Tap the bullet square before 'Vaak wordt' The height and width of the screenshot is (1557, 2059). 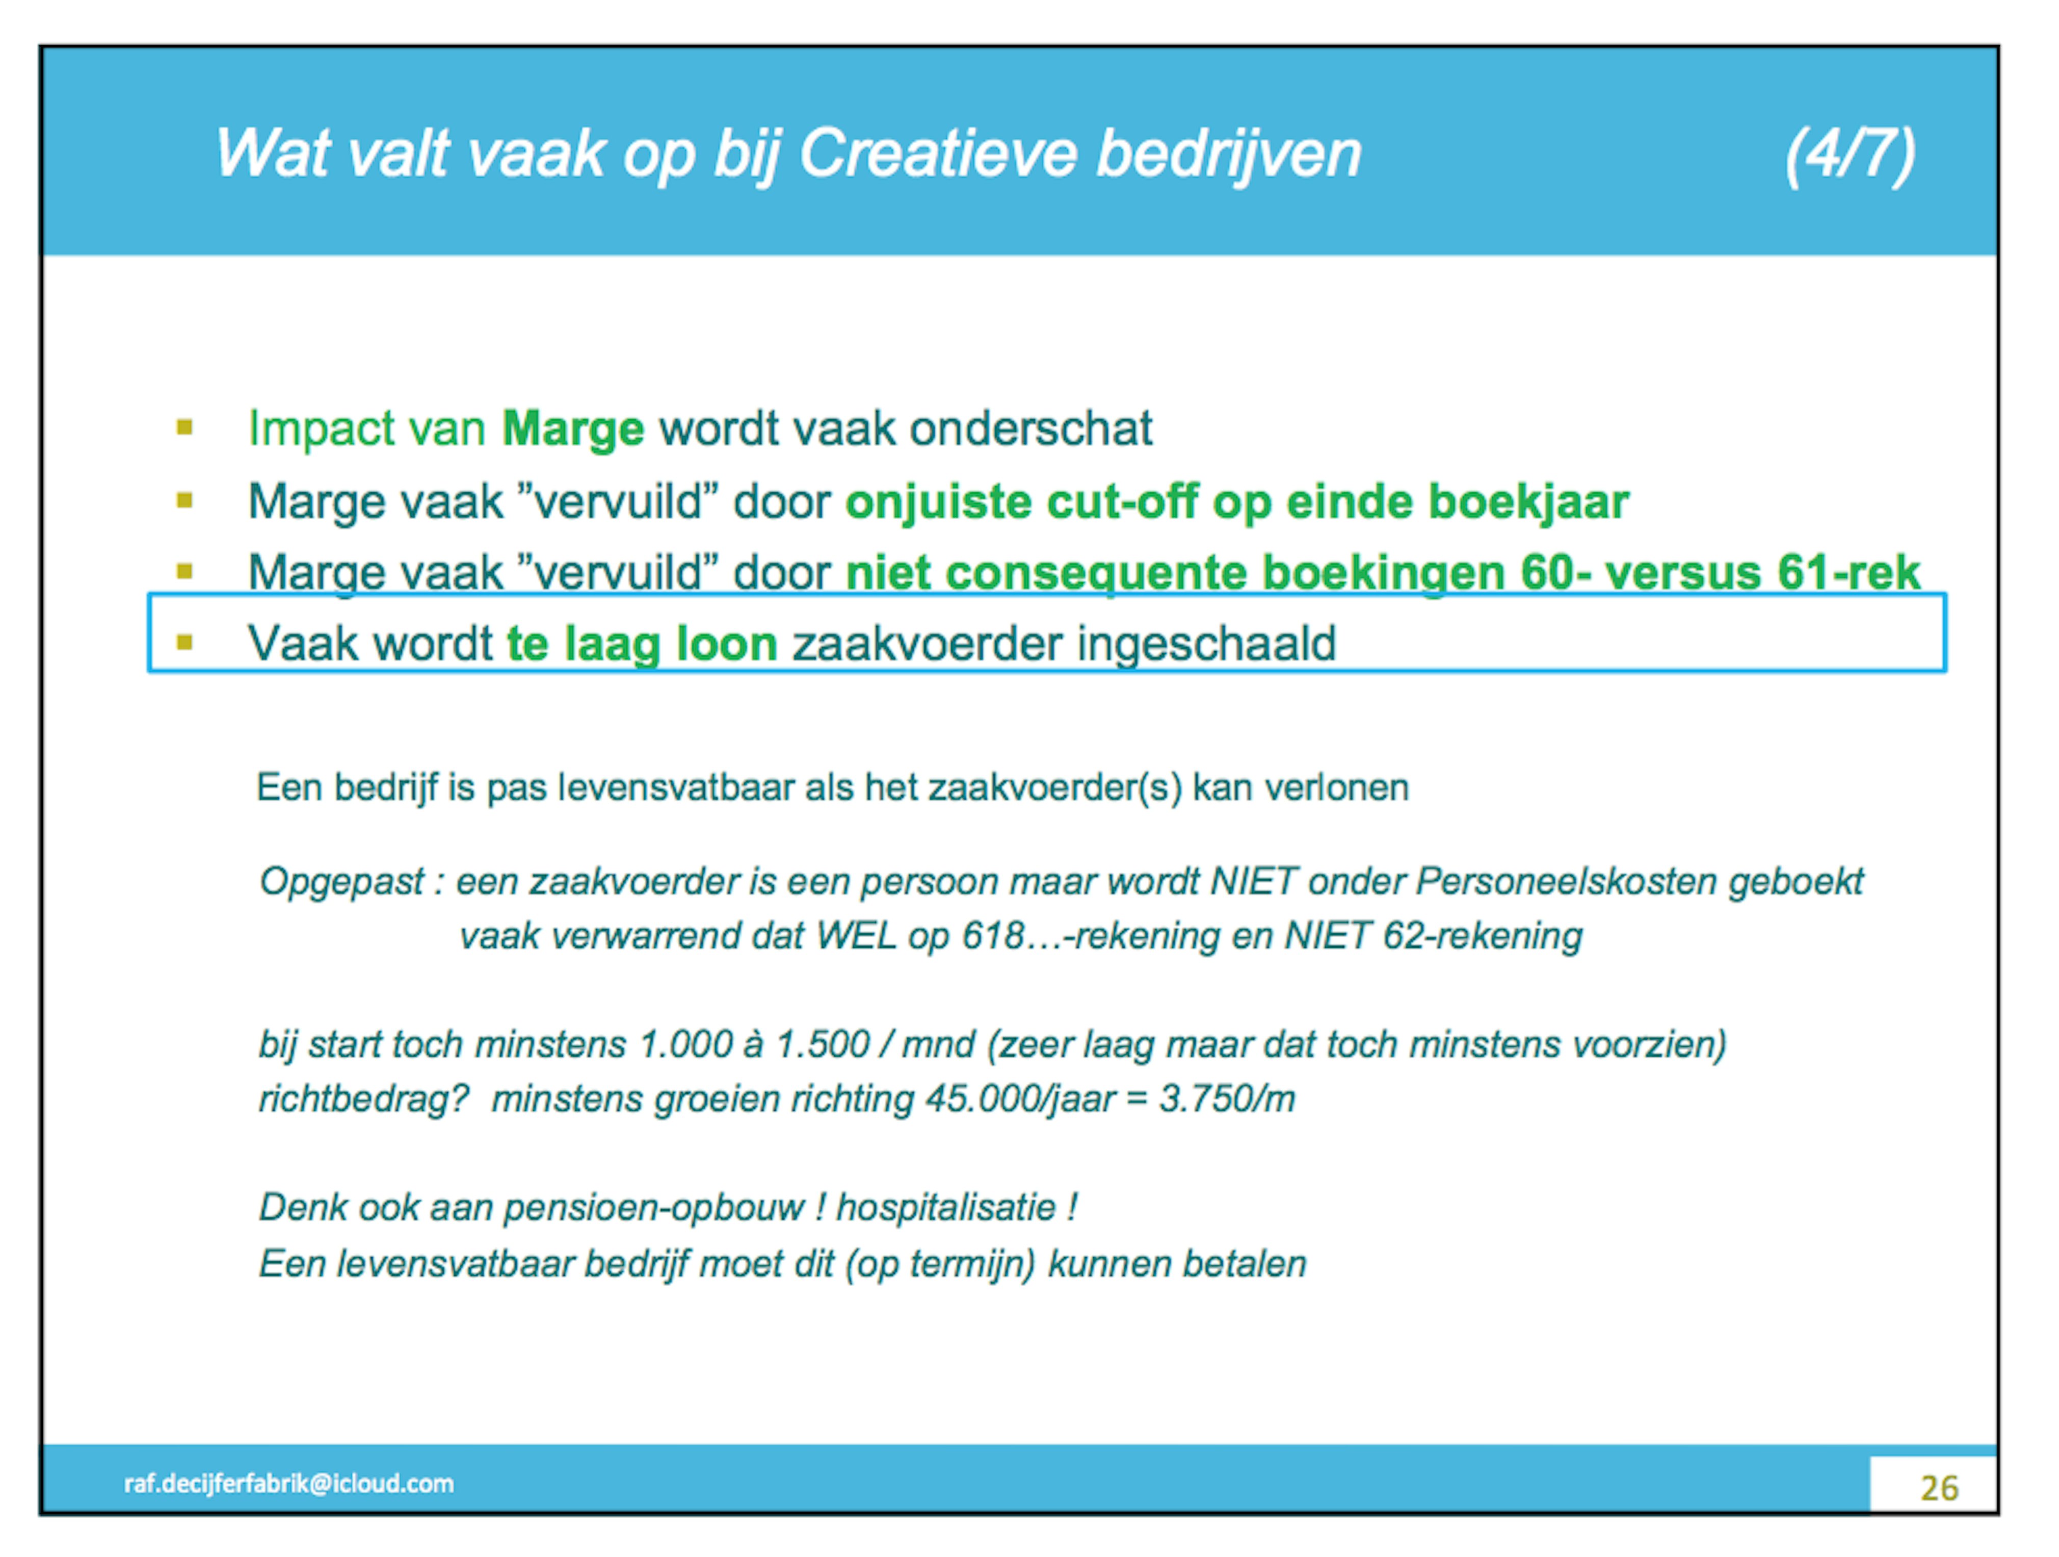tap(184, 642)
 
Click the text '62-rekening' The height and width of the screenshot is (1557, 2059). tap(1482, 936)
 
